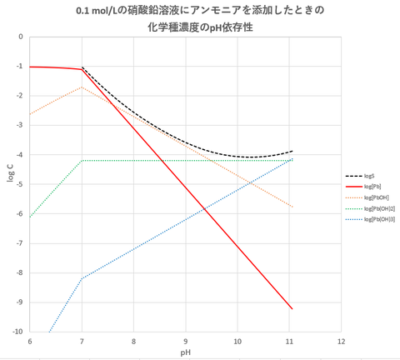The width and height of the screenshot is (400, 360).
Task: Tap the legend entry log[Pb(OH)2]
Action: click(377, 208)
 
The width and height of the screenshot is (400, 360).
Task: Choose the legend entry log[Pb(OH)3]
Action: click(377, 219)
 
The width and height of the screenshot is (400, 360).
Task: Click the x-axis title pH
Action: click(185, 352)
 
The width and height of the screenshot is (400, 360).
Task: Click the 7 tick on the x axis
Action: click(82, 342)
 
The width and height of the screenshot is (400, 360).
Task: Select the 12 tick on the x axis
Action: click(342, 342)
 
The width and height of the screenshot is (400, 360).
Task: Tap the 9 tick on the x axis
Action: click(186, 342)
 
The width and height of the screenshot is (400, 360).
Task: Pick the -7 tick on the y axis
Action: click(21, 243)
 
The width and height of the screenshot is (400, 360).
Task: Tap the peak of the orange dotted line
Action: click(82, 87)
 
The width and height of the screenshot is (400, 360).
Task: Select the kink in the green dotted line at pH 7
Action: click(82, 160)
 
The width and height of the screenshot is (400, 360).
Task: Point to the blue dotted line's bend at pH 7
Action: click(82, 277)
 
